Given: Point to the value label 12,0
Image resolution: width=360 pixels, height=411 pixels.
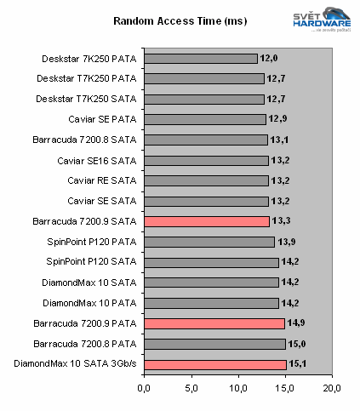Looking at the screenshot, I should (x=270, y=59).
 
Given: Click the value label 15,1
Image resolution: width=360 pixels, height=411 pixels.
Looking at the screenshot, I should (x=299, y=364).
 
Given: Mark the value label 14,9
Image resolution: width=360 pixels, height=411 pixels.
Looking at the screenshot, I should (x=297, y=323).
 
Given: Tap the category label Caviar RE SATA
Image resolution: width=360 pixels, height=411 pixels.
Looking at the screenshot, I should (x=103, y=181).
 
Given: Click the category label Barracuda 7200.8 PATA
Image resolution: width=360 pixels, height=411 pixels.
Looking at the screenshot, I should (x=88, y=344).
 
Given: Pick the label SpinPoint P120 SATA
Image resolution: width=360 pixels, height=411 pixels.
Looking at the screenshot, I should (x=92, y=262).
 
